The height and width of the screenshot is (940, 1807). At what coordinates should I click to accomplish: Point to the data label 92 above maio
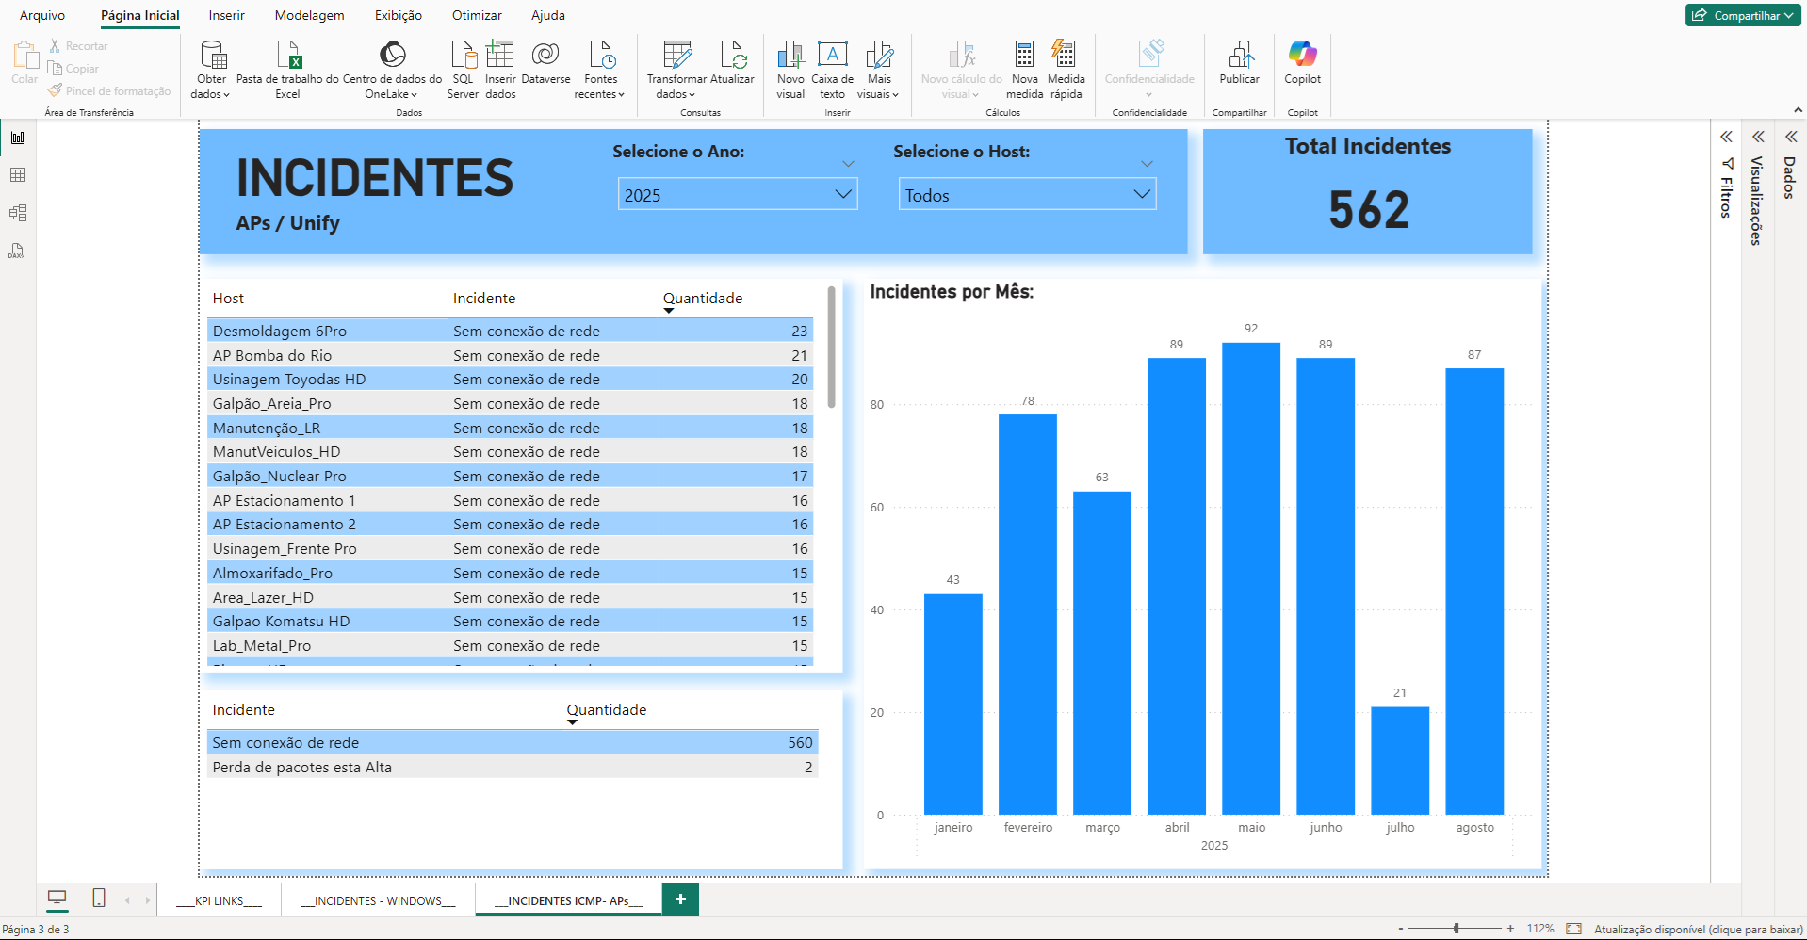(x=1250, y=329)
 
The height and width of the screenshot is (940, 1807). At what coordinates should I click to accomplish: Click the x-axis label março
(x=1101, y=828)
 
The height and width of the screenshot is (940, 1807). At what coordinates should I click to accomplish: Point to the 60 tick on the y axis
(x=877, y=508)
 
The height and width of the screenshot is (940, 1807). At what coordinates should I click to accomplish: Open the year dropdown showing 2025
(x=737, y=195)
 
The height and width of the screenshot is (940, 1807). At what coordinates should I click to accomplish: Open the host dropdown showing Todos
(x=1026, y=195)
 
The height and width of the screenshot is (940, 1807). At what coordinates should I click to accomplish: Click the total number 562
(x=1368, y=209)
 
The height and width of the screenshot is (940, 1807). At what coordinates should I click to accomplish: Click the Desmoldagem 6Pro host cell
(x=280, y=332)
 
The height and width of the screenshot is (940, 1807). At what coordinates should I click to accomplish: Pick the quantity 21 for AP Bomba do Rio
(x=799, y=356)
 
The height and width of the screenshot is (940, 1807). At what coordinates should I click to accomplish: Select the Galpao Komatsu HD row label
(x=281, y=622)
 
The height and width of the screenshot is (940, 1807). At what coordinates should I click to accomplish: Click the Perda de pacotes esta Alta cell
(x=301, y=768)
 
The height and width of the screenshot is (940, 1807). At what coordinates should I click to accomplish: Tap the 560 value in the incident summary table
(x=799, y=743)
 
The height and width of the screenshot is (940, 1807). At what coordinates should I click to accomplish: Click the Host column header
(x=228, y=299)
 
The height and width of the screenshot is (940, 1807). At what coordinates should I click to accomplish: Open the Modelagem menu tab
(x=309, y=16)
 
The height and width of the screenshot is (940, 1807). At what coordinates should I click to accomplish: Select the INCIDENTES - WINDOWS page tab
(x=378, y=901)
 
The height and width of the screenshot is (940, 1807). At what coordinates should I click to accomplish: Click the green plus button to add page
(x=680, y=899)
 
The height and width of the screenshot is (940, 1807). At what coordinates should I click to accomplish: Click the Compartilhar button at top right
(x=1742, y=15)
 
